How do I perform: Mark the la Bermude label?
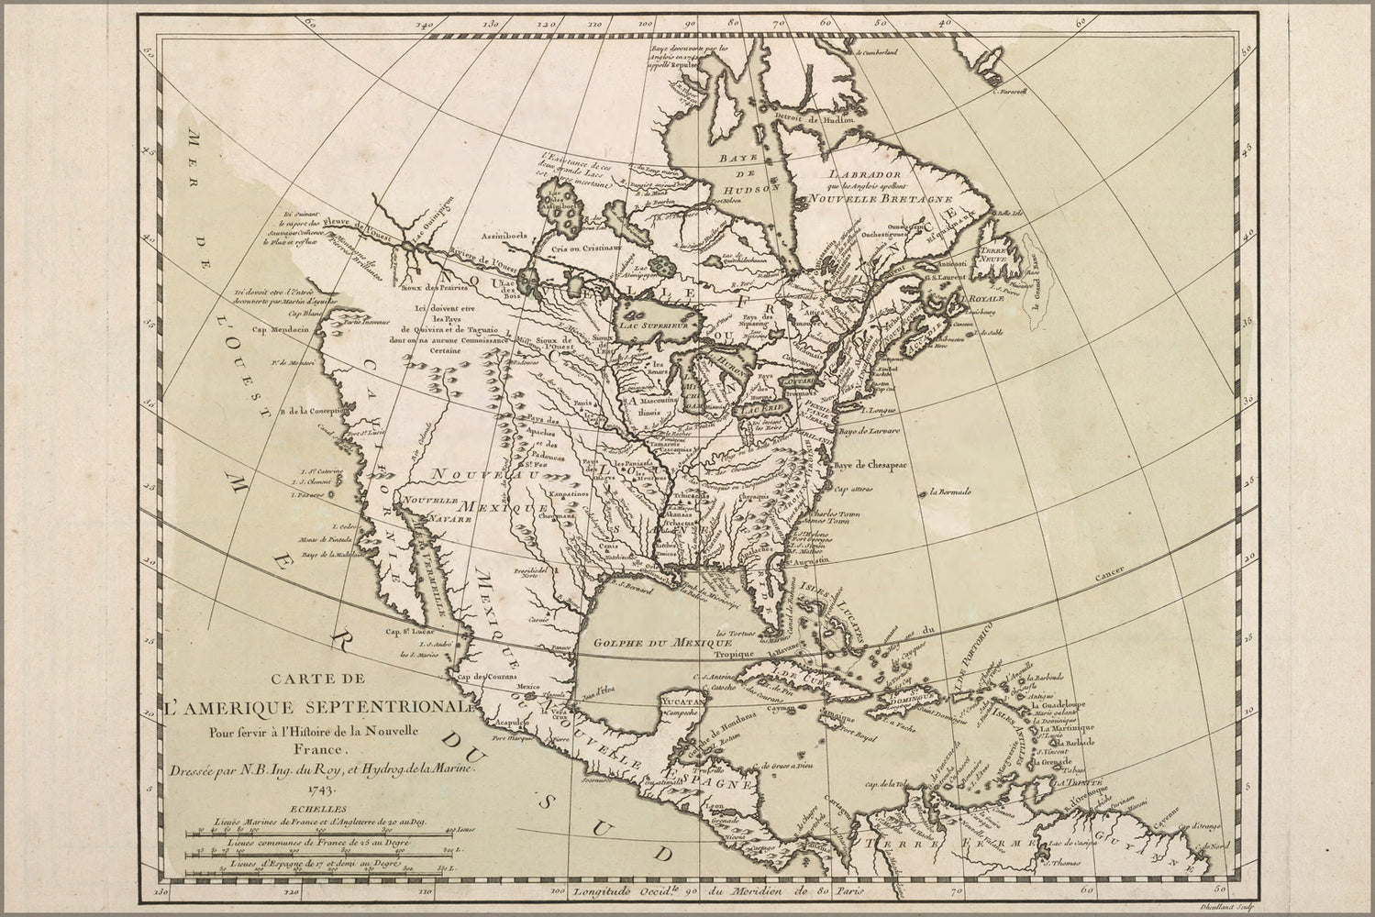[948, 493]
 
